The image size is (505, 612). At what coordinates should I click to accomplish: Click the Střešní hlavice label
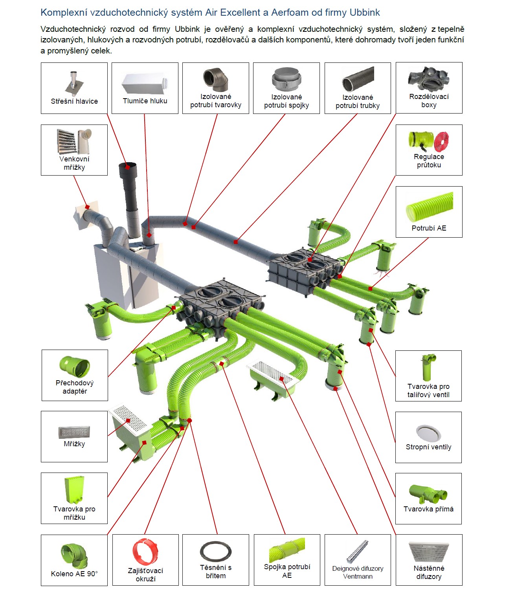tap(74, 101)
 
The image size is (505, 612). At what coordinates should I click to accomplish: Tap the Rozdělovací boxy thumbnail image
tap(428, 79)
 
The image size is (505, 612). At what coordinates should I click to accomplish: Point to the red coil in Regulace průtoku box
tap(441, 141)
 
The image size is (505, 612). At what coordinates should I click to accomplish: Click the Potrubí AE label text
tap(429, 228)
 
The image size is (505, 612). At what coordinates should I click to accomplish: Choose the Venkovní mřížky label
tap(74, 163)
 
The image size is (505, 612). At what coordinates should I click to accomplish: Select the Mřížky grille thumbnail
tap(74, 432)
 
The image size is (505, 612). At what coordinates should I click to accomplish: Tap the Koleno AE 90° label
tap(74, 574)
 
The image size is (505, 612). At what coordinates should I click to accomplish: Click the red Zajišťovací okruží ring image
tap(145, 552)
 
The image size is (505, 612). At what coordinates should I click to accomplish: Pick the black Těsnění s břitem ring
tap(216, 552)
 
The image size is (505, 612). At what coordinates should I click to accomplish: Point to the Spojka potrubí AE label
tap(287, 571)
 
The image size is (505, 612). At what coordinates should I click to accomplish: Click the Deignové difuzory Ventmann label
tap(358, 572)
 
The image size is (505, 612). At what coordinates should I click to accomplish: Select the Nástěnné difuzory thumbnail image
tap(429, 552)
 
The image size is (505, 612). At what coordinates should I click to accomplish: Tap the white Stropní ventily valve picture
tap(428, 433)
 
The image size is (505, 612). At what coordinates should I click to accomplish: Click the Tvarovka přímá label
tap(428, 509)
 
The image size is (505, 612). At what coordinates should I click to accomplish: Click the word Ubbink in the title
tap(365, 13)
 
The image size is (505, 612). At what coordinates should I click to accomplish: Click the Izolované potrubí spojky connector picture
tap(286, 79)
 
